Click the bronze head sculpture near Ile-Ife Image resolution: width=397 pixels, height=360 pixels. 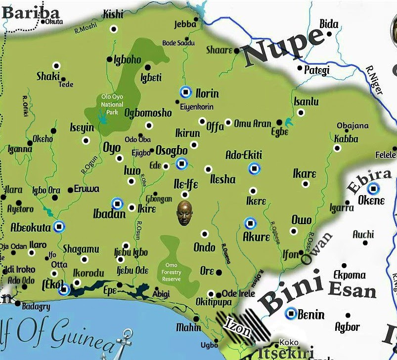click(x=184, y=213)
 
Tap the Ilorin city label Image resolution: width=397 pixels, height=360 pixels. click(x=207, y=93)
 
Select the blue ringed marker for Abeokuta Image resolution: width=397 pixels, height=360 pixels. click(x=59, y=226)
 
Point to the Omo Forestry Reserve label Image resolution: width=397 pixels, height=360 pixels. click(x=172, y=272)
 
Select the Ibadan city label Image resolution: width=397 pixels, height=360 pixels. click(x=109, y=214)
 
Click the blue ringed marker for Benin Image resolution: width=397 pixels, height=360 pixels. click(x=292, y=313)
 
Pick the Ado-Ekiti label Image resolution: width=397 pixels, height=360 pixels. click(x=243, y=155)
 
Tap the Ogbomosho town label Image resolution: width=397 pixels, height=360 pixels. click(x=148, y=113)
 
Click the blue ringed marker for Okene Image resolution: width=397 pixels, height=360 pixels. click(x=374, y=188)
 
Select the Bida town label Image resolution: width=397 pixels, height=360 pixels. click(x=329, y=24)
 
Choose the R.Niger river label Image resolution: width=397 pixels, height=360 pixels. click(x=375, y=80)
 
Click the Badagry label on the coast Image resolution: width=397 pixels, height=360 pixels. click(x=36, y=307)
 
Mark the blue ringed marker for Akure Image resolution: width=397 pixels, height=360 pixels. click(x=251, y=223)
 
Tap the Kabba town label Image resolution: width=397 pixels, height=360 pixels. click(x=346, y=139)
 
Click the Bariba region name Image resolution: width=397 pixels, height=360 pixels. click(x=31, y=12)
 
